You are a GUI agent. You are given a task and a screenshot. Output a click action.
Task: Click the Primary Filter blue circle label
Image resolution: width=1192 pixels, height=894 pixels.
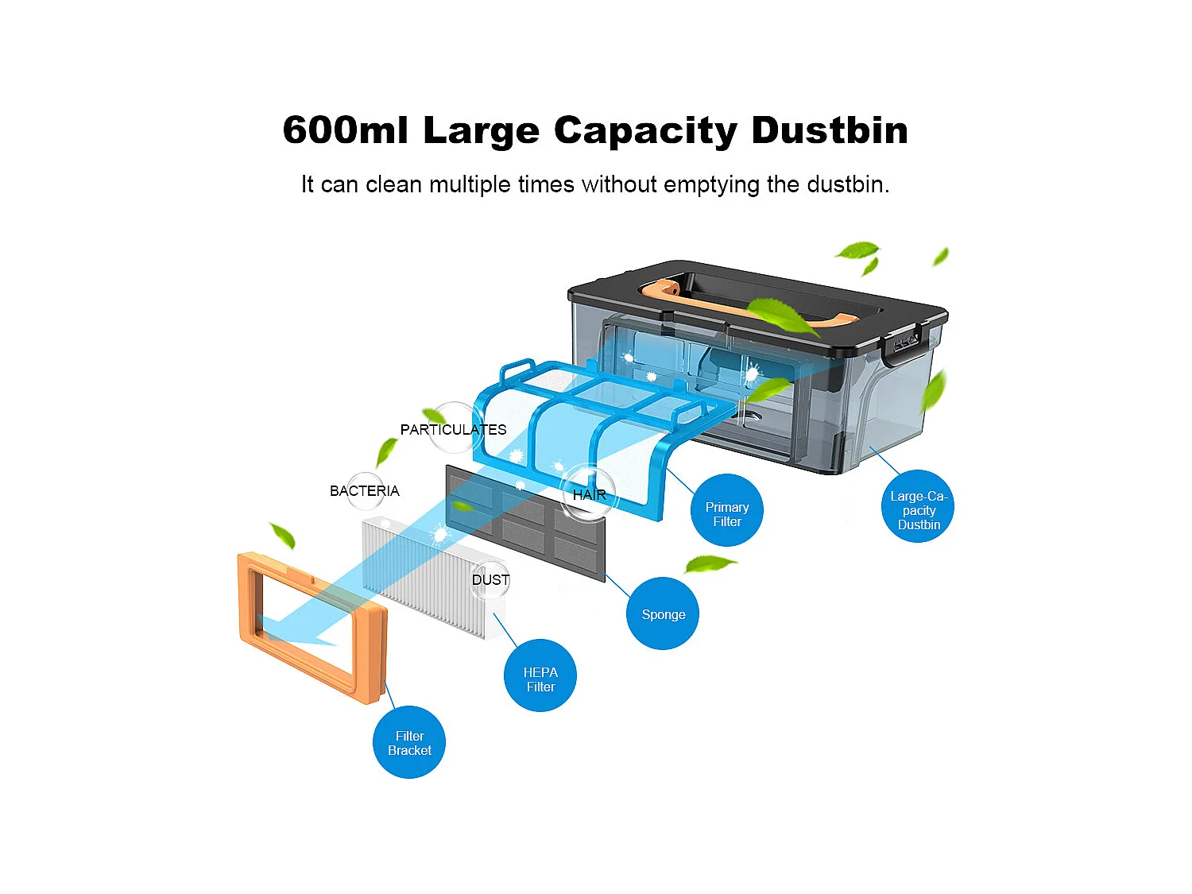(x=726, y=511)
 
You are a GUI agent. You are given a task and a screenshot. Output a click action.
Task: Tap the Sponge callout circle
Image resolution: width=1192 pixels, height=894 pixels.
(x=662, y=613)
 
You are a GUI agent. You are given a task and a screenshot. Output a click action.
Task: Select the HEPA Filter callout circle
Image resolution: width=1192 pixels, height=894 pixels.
(x=540, y=676)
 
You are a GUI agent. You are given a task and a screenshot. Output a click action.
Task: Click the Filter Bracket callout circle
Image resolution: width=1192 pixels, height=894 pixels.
(x=408, y=742)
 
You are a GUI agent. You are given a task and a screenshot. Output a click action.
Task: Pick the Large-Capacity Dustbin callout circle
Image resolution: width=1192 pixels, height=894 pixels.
(x=918, y=508)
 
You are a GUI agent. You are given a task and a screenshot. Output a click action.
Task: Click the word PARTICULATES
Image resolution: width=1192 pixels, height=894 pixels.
(x=453, y=430)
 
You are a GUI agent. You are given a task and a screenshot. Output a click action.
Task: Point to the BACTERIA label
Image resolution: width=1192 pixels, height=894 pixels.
(x=364, y=491)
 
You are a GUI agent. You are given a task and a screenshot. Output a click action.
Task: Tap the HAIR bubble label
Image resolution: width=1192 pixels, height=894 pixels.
(x=589, y=494)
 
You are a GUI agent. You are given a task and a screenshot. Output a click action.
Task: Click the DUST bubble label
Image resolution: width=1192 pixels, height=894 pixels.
(x=490, y=580)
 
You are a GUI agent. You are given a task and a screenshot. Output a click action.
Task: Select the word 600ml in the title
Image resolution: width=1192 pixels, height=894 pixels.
(x=344, y=130)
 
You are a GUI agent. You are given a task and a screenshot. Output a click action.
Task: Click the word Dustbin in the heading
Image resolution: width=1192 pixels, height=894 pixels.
(x=829, y=130)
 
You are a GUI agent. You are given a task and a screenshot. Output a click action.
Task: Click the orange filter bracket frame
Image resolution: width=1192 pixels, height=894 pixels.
(x=248, y=604)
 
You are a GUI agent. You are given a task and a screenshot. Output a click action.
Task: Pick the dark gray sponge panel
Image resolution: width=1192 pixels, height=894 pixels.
(x=572, y=548)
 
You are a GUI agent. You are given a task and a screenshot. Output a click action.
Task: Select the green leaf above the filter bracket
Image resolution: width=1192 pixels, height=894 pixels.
(x=283, y=535)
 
